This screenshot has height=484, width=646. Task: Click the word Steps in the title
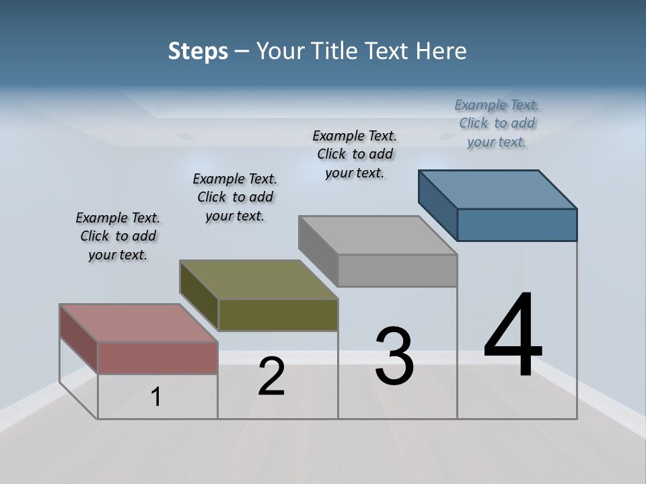198,51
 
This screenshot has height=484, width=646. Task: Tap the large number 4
513,335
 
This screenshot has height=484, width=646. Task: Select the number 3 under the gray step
394,356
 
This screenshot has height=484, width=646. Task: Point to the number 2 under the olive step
272,376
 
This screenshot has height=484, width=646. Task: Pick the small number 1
156,397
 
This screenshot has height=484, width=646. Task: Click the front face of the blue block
517,225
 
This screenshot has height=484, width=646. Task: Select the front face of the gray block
397,271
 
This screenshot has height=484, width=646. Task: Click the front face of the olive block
278,315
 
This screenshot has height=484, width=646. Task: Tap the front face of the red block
158,358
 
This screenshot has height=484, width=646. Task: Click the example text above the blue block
497,123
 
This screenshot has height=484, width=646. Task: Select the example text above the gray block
355,154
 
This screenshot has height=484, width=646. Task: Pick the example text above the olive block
235,197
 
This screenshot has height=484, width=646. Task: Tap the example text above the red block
118,236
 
